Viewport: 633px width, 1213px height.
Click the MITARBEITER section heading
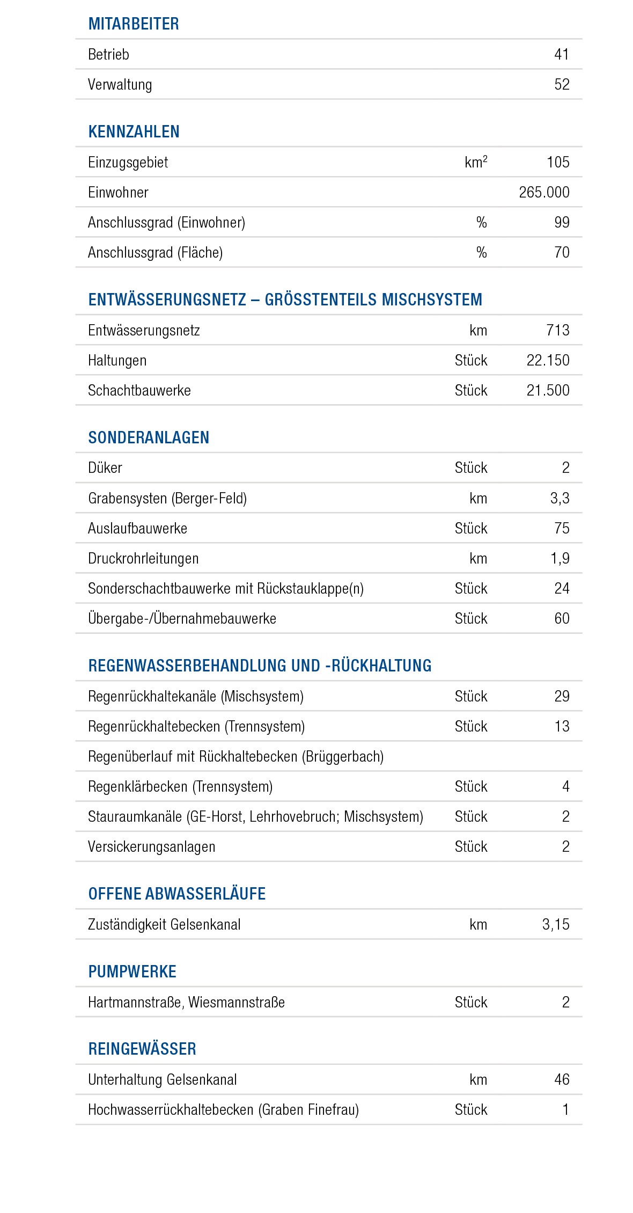click(x=134, y=24)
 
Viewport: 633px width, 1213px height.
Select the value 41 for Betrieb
click(x=561, y=54)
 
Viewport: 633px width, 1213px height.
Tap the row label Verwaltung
click(x=120, y=85)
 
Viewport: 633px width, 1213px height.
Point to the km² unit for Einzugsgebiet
click(x=476, y=162)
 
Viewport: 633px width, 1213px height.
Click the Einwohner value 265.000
click(x=544, y=192)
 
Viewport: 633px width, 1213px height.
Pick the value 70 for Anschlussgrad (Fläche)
click(x=562, y=252)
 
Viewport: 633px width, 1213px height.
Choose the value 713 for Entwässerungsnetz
click(x=558, y=330)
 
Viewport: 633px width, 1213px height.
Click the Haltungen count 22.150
click(x=548, y=360)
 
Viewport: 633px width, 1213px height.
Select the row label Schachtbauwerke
click(x=139, y=390)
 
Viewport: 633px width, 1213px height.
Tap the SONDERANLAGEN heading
click(x=149, y=438)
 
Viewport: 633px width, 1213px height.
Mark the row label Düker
click(x=105, y=468)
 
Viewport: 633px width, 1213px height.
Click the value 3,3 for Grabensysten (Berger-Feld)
click(x=560, y=498)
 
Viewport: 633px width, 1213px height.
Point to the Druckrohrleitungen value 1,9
click(x=560, y=558)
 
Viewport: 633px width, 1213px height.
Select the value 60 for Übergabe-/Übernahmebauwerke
click(x=562, y=618)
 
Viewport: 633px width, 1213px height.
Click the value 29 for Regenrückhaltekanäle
click(x=562, y=696)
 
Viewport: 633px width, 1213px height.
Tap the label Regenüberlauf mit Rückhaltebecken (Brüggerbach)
click(x=235, y=756)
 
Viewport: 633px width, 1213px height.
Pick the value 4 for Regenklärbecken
click(x=565, y=786)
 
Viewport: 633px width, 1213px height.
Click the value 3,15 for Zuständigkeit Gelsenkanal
click(x=555, y=924)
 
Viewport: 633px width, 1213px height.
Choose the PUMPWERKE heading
click(x=132, y=972)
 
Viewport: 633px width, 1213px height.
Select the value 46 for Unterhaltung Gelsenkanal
click(x=562, y=1079)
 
